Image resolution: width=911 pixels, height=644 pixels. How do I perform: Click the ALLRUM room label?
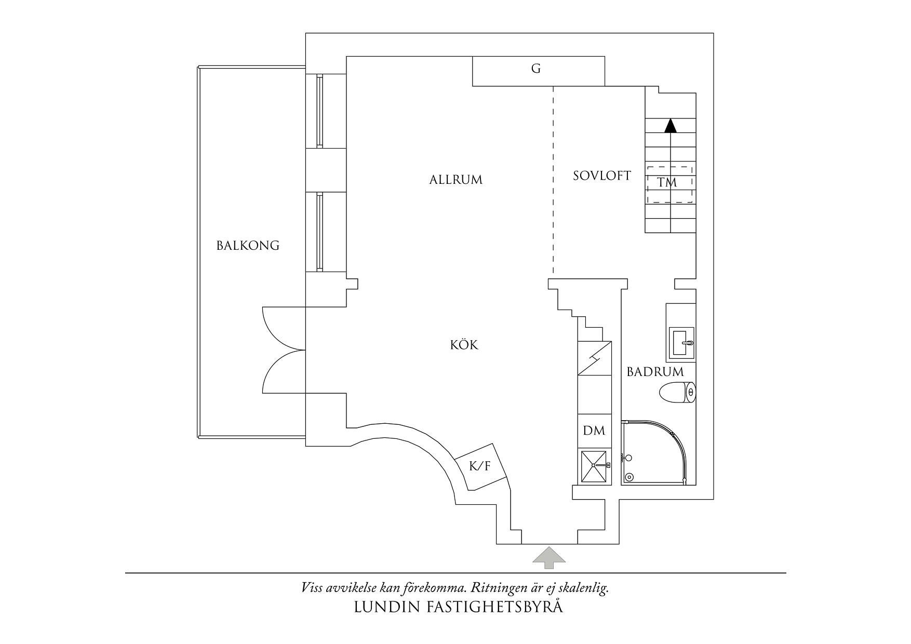point(455,180)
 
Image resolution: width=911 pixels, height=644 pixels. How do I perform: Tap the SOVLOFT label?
point(601,176)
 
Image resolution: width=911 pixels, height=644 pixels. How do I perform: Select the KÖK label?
point(464,345)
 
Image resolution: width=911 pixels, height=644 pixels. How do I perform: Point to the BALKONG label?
point(248,246)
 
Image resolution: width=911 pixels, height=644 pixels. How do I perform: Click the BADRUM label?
point(655,372)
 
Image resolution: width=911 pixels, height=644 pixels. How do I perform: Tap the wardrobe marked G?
point(538,71)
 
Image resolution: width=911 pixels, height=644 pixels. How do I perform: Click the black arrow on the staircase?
point(671,126)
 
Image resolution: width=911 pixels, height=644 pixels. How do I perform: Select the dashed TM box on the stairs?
point(669,184)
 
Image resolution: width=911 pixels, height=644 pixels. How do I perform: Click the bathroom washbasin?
point(681,343)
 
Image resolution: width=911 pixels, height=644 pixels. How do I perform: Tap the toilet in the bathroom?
point(677,393)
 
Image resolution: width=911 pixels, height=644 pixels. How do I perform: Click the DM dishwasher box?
point(594,431)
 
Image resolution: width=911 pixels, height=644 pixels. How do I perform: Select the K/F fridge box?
point(480,466)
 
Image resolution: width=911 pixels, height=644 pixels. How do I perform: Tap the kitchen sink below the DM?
point(594,466)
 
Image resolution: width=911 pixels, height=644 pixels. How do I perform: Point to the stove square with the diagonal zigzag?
point(594,358)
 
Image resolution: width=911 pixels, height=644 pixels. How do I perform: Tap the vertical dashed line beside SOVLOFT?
point(553,179)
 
